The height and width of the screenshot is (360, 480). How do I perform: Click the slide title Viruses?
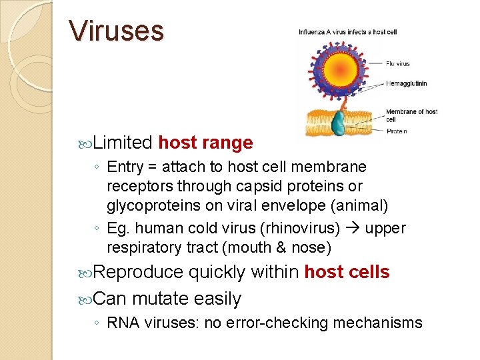tap(116, 31)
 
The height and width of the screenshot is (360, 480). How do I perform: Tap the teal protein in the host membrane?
tap(340, 123)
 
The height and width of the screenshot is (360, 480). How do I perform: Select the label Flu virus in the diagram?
tap(398, 64)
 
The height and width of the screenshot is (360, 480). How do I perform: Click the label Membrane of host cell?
tap(411, 115)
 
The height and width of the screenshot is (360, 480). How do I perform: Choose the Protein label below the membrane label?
tap(396, 131)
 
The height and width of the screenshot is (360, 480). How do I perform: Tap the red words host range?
tap(205, 143)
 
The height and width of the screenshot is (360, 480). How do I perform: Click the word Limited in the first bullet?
tap(123, 143)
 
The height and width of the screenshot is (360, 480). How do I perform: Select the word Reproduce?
tap(138, 272)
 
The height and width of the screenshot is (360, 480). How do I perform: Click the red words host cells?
tap(347, 272)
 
